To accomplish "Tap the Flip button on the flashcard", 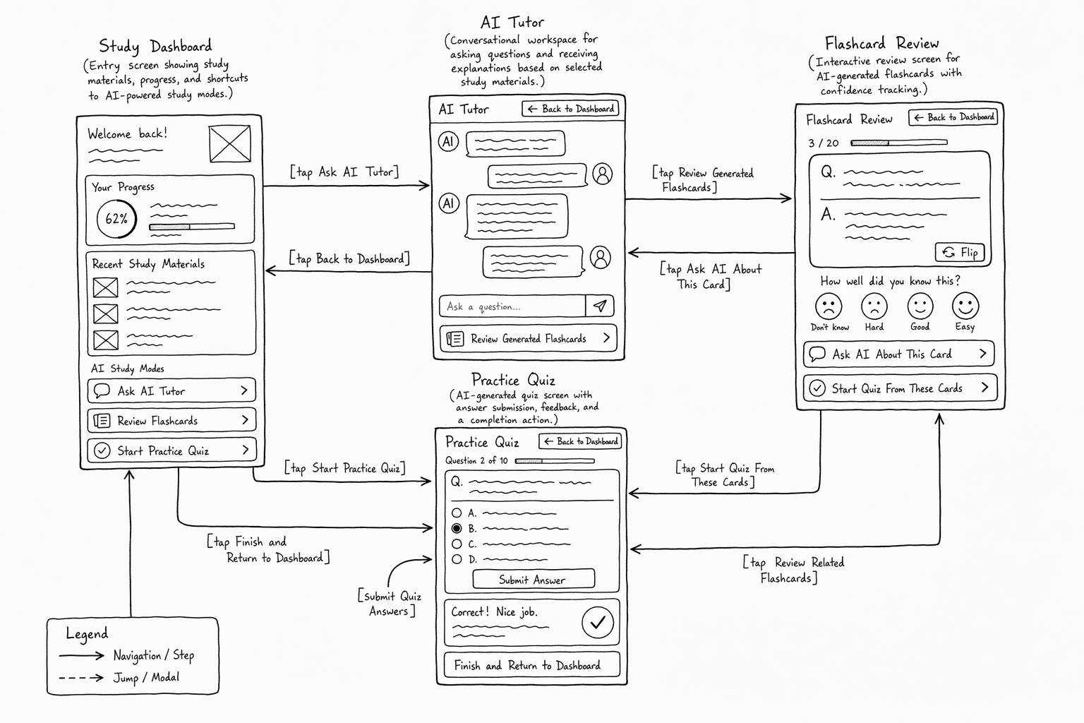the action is [x=960, y=252].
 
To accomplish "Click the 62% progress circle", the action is [x=116, y=219].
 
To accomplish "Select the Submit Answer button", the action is [x=534, y=579].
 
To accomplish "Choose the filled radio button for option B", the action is [x=457, y=528].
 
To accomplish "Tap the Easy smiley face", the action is [x=965, y=306].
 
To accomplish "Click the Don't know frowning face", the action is [x=829, y=306].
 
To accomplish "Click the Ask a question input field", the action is [x=512, y=306].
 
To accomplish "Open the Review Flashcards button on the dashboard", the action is [x=171, y=420].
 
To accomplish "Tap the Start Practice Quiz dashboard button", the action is [x=171, y=450].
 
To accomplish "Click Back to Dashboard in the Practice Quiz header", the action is [x=580, y=441].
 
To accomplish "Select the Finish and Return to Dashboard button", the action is [x=532, y=665].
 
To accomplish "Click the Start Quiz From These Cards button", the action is [x=900, y=388].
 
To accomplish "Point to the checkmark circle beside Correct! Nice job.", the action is [x=598, y=622].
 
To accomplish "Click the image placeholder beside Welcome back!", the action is [x=230, y=144].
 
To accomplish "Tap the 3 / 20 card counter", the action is [x=823, y=143].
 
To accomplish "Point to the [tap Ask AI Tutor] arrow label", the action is [x=344, y=172].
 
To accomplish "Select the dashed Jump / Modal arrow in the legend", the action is [x=81, y=678].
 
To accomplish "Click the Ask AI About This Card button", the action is [x=898, y=354].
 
